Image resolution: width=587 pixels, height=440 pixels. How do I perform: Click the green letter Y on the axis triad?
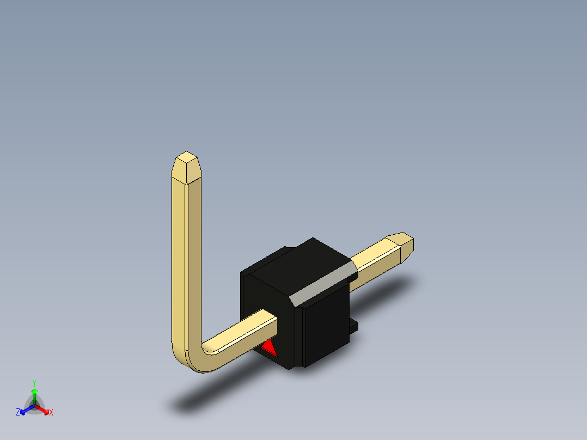[34, 383]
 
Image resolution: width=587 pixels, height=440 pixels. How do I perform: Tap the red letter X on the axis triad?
[51, 412]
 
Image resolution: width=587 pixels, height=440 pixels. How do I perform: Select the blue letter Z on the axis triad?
[18, 412]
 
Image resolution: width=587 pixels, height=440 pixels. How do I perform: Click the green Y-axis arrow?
[34, 394]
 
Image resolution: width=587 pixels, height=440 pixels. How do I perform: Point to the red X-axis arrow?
[44, 409]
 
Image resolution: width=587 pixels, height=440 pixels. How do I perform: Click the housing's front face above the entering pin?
[267, 294]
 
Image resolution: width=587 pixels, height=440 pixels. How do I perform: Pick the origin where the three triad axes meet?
[34, 406]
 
